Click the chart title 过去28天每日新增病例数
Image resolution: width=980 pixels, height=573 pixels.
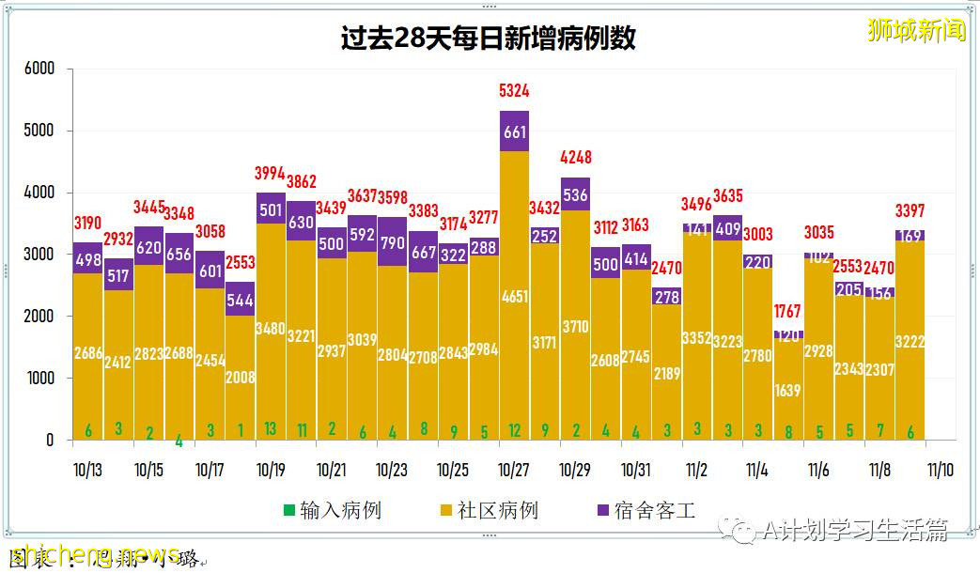click(488, 39)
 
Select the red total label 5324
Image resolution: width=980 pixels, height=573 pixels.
click(514, 91)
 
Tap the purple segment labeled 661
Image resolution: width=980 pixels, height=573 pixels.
click(514, 132)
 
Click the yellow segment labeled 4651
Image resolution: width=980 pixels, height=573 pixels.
click(514, 296)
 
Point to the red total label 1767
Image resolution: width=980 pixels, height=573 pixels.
click(788, 311)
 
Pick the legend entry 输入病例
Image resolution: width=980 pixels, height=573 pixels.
click(333, 511)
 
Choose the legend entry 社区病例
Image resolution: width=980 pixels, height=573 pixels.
click(490, 511)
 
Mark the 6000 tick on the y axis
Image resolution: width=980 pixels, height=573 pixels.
click(39, 70)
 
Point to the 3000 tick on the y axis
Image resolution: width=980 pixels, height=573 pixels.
click(39, 255)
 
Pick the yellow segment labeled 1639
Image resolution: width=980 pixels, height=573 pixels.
click(788, 390)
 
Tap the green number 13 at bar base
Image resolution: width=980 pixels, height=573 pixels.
click(271, 430)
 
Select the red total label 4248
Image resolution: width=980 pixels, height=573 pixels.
click(575, 157)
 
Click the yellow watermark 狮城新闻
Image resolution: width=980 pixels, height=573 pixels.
click(916, 30)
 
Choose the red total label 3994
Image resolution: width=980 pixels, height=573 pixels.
click(271, 173)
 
